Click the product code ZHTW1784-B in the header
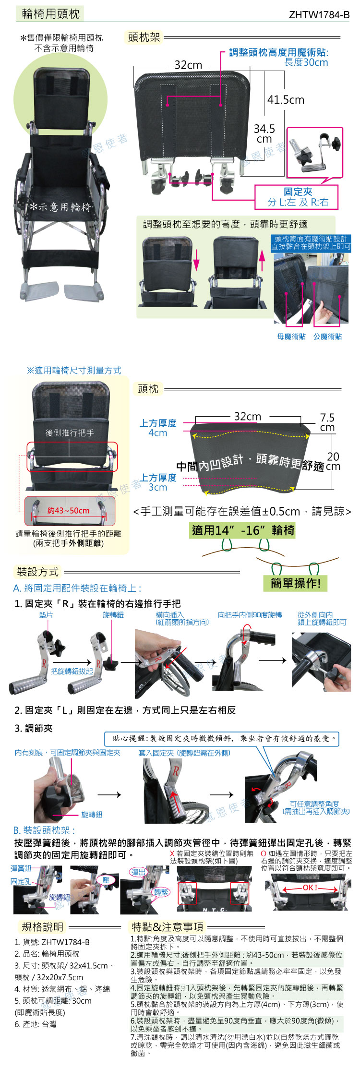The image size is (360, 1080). coord(319,14)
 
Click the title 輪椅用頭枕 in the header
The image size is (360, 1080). coord(50,13)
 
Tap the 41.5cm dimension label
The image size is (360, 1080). coord(286,100)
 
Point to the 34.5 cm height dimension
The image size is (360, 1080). coord(264,134)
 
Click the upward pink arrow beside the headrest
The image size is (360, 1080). coord(262,260)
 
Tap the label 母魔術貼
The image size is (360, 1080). coord(291,336)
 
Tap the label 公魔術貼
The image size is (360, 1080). coord(328,336)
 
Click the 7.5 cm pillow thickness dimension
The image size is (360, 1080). coord(327,422)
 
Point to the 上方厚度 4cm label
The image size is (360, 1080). coord(158,428)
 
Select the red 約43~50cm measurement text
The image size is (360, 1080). coord(68,510)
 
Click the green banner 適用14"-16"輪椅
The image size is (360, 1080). coord(243,530)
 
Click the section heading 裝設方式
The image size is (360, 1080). coord(37,572)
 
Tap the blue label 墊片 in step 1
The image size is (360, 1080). coord(46,614)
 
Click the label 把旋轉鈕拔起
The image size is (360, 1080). coord(72,671)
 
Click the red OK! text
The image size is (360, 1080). coord(311,888)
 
